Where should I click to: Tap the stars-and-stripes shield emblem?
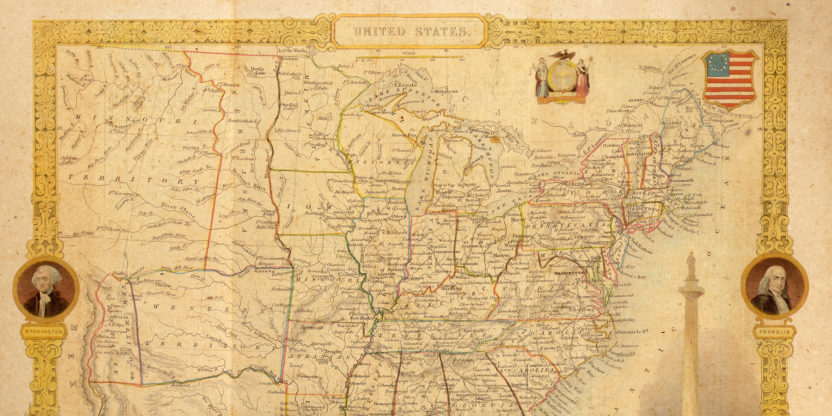click(x=729, y=78)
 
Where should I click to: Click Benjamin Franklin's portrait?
click(x=775, y=289)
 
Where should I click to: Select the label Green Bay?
click(x=404, y=135)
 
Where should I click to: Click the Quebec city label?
click(x=636, y=100)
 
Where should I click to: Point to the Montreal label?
click(x=632, y=125)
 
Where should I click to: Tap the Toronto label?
click(x=523, y=174)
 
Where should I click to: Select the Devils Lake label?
click(x=257, y=71)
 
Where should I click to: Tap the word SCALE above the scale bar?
click(x=409, y=53)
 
